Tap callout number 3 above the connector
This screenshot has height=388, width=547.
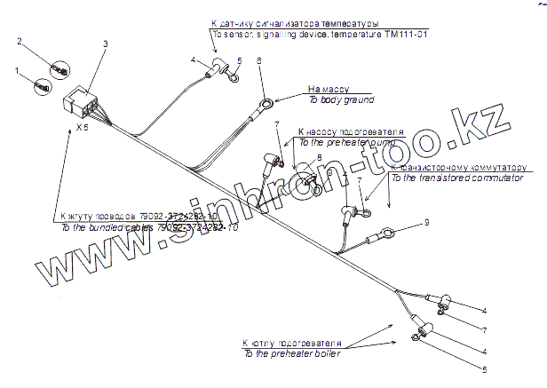pyautogui.click(x=106, y=44)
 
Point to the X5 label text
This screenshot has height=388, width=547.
pyautogui.click(x=82, y=129)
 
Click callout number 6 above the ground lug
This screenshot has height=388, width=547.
pyautogui.click(x=258, y=59)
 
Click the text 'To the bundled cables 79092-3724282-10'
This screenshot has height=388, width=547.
pyautogui.click(x=149, y=227)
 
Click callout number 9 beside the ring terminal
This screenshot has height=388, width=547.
pyautogui.click(x=426, y=221)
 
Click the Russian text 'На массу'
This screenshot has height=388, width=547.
pyautogui.click(x=329, y=90)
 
